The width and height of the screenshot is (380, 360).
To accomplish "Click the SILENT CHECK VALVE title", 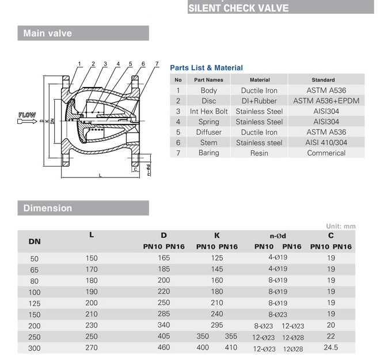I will click(x=238, y=8).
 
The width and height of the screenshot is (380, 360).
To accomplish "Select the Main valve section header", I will click(x=48, y=33).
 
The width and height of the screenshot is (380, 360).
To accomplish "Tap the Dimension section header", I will click(x=48, y=209).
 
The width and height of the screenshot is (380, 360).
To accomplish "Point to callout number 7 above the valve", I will click(x=157, y=63).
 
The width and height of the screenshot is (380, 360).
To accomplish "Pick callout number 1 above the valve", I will click(x=79, y=63).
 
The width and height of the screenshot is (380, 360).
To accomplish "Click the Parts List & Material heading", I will click(x=207, y=68).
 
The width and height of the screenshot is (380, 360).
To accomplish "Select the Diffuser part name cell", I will click(x=209, y=132).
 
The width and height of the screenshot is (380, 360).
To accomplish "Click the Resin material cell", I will click(x=259, y=153).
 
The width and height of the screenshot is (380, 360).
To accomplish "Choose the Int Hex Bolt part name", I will click(x=209, y=111).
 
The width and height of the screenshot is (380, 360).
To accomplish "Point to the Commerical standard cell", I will click(x=326, y=153).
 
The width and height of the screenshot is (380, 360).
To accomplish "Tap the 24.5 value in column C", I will click(x=331, y=348).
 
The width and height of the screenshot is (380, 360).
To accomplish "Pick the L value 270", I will click(x=92, y=348).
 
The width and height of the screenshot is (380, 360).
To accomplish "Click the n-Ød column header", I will click(x=279, y=236).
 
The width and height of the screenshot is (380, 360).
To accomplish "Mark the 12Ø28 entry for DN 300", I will click(x=292, y=349).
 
